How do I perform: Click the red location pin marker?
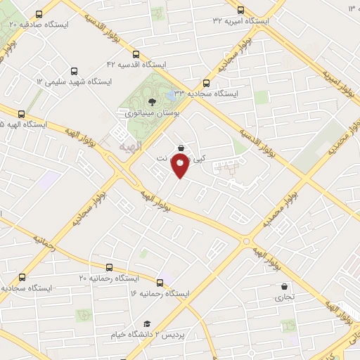[181, 167]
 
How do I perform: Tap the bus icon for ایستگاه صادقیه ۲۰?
[37, 13]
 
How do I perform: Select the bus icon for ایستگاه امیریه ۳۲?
[241, 10]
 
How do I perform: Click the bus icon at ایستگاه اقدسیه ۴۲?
[136, 53]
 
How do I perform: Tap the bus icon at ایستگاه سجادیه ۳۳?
[206, 82]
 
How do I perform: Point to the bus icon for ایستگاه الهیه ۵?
[21, 114]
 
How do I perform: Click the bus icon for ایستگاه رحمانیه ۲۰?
[109, 268]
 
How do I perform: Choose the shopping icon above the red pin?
[182, 148]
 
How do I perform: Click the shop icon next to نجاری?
[284, 287]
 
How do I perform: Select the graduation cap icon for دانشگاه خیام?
[148, 323]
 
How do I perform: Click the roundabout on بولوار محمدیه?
[246, 240]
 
